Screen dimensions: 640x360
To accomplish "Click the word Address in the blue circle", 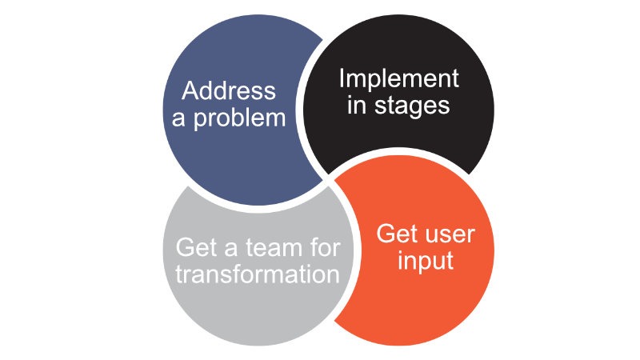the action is (x=229, y=90).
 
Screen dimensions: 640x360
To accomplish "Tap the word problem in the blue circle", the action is (x=239, y=119).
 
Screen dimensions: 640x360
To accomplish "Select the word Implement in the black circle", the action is (x=398, y=79).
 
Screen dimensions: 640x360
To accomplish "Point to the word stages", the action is (x=412, y=106).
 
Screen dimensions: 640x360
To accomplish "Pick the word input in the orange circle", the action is (x=426, y=260).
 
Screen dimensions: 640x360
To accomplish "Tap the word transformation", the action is (x=258, y=274).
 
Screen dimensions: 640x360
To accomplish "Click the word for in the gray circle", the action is (x=325, y=247).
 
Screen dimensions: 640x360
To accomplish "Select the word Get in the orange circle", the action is (x=395, y=234).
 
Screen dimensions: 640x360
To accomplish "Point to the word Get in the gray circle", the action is (x=195, y=247).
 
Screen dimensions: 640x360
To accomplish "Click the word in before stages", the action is (x=357, y=105).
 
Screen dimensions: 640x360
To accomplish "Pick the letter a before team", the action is (x=230, y=250).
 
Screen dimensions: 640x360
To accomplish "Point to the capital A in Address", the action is (x=190, y=90).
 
